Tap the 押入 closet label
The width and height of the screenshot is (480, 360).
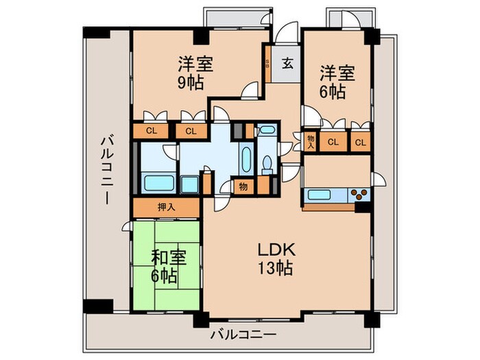(x=166, y=206)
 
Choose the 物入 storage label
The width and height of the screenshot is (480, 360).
(x=310, y=142)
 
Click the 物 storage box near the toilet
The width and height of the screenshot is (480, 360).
(x=243, y=186)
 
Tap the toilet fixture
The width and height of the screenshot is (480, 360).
(x=267, y=163)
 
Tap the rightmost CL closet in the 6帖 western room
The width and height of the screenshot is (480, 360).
(x=359, y=142)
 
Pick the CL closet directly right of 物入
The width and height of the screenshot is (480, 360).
(x=333, y=142)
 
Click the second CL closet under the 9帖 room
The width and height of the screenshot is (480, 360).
(x=191, y=131)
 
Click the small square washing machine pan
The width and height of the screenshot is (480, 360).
(x=190, y=185)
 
